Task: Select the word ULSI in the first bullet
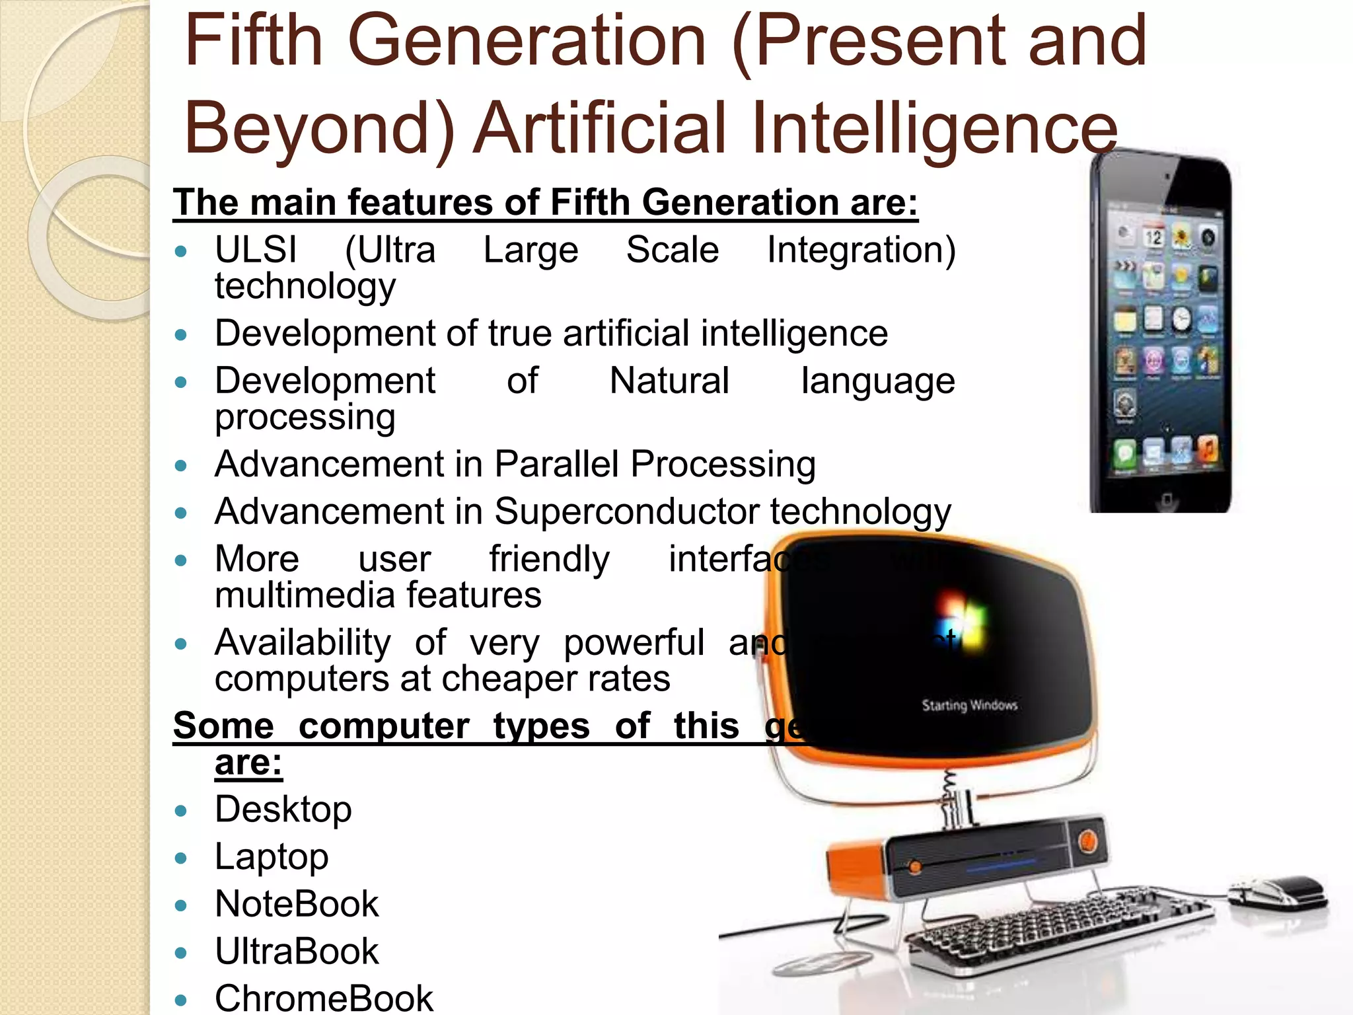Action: point(256,250)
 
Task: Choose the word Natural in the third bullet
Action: point(669,381)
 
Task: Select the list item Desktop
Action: point(283,809)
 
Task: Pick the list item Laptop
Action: point(272,856)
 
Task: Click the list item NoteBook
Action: point(297,904)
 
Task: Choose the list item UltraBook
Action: point(297,952)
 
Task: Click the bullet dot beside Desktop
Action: point(181,811)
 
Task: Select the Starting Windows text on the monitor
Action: point(969,705)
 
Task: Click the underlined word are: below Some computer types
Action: point(248,763)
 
